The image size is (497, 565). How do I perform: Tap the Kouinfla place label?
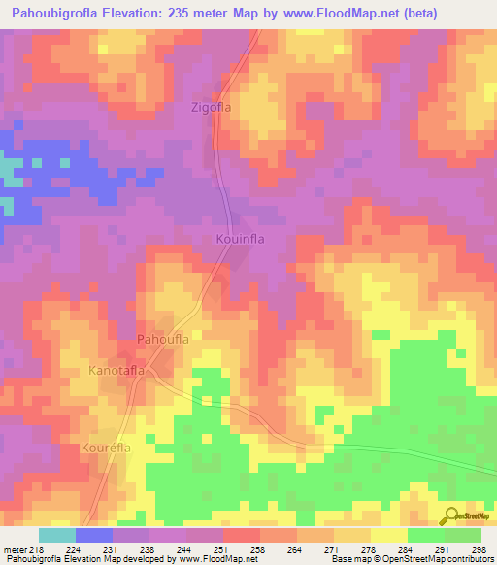coord(240,238)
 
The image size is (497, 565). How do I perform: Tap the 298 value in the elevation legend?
coord(478,550)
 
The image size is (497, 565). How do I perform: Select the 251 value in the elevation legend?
coord(222,550)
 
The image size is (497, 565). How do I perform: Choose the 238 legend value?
coord(149,550)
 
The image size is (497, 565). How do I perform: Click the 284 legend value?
coord(406,550)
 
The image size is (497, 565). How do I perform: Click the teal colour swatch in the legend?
coord(57,535)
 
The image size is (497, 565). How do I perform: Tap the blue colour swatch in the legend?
coord(94,535)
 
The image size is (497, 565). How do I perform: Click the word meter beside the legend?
coord(15,550)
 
